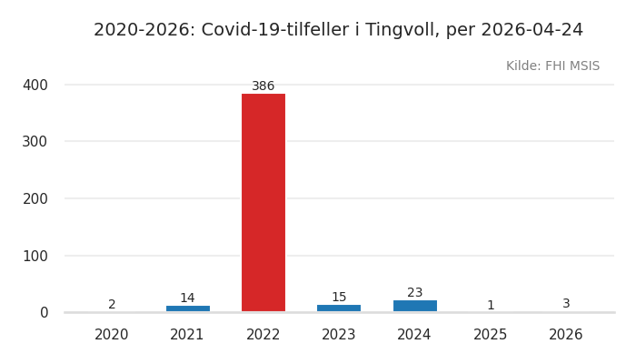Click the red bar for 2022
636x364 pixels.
click(263, 202)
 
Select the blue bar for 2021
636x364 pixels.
click(187, 308)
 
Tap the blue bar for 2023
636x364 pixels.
click(339, 308)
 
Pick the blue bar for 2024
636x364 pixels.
click(414, 306)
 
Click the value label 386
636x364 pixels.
click(263, 86)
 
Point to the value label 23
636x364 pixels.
click(414, 293)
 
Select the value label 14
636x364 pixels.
click(187, 298)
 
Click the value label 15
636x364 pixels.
click(339, 298)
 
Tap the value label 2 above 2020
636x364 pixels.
click(112, 305)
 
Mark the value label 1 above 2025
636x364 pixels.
click(491, 306)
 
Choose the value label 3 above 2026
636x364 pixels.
click(566, 304)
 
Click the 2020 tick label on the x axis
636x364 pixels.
click(112, 335)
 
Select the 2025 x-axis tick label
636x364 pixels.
click(491, 335)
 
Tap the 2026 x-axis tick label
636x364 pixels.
click(566, 335)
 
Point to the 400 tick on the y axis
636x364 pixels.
click(35, 85)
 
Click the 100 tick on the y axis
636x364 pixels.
click(35, 256)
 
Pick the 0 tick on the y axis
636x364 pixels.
click(44, 312)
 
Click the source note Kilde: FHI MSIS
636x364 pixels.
click(552, 66)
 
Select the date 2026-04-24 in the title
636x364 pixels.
click(532, 30)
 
